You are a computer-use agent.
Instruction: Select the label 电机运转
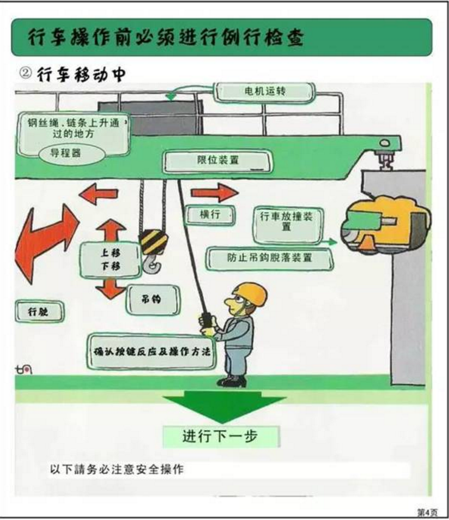click(264, 92)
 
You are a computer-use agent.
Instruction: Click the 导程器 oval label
click(64, 153)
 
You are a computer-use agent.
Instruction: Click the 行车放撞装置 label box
click(286, 221)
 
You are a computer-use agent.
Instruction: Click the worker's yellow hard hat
click(251, 293)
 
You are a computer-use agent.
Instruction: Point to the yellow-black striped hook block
click(152, 243)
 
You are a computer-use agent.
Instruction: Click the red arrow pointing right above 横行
click(214, 193)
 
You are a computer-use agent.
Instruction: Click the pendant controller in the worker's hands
click(206, 321)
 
